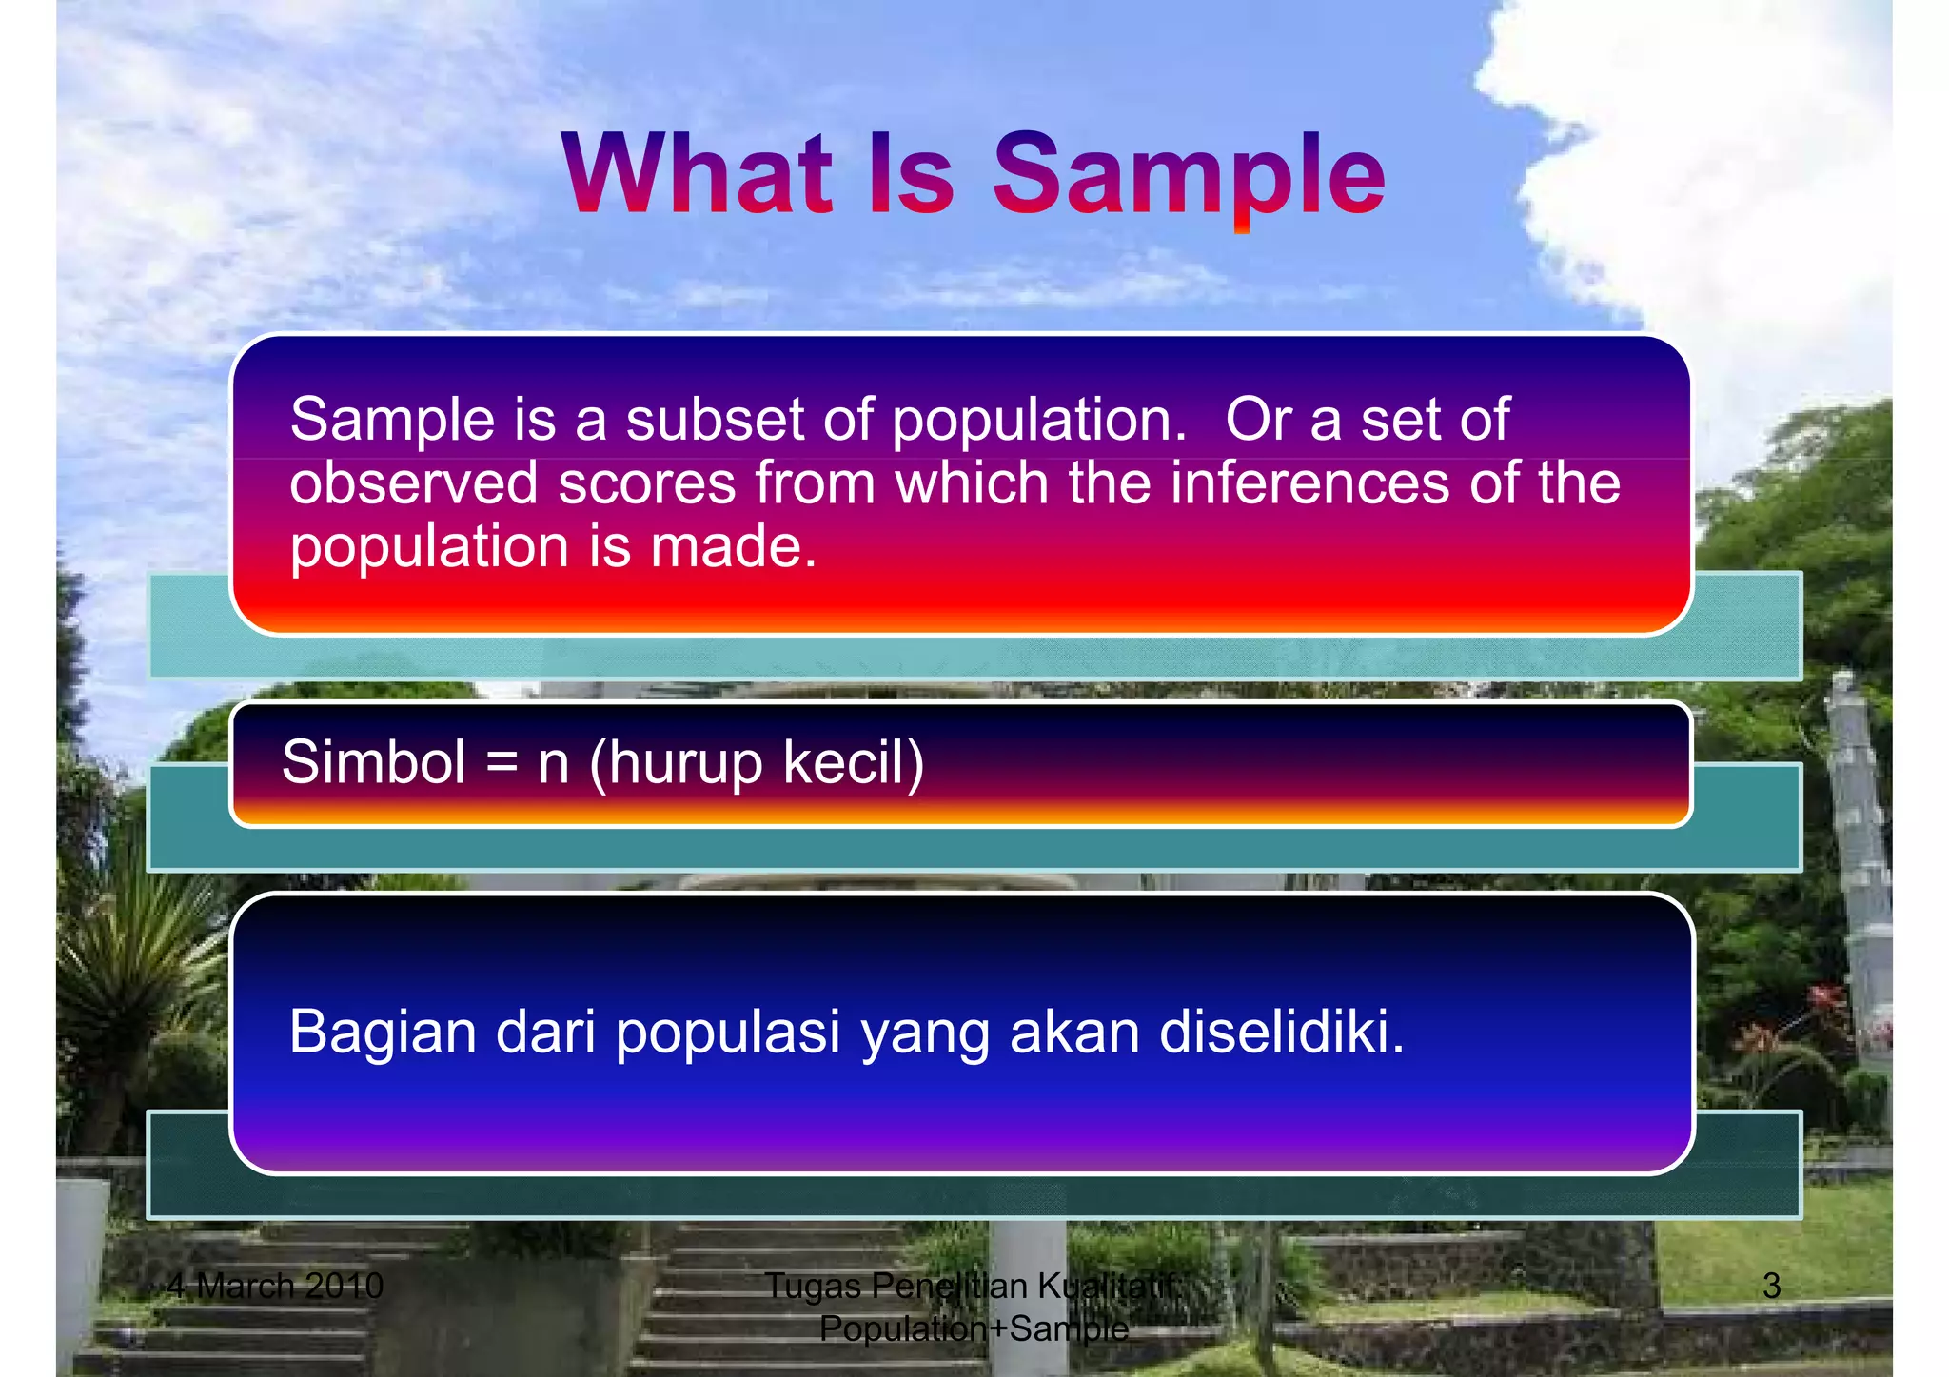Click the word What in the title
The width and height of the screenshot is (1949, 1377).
pos(698,174)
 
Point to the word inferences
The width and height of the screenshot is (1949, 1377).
pos(1309,482)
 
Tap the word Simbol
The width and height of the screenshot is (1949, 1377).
pos(373,762)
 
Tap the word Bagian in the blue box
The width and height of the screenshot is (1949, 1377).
pos(382,1033)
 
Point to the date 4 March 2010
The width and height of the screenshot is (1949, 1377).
pos(275,1286)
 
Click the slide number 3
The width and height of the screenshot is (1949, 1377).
pos(1771,1286)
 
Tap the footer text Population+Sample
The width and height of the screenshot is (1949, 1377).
pos(974,1328)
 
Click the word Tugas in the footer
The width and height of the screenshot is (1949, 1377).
pos(814,1287)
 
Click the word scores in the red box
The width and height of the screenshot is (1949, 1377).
pos(646,482)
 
